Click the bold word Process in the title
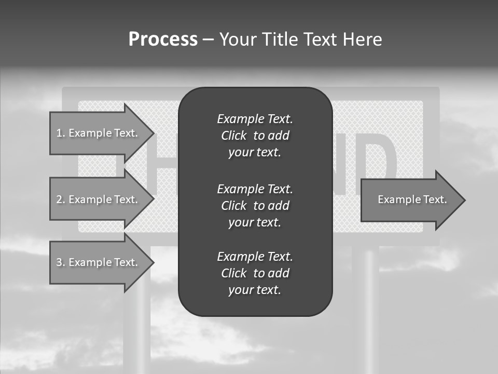(x=163, y=39)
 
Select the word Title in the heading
(x=280, y=39)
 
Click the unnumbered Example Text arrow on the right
(x=412, y=199)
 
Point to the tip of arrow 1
(x=153, y=133)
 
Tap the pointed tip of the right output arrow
(x=464, y=200)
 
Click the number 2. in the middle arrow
(x=61, y=199)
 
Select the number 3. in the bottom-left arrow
(x=61, y=262)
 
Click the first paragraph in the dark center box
(x=255, y=136)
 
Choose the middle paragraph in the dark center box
(x=255, y=206)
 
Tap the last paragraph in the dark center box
(x=255, y=273)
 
